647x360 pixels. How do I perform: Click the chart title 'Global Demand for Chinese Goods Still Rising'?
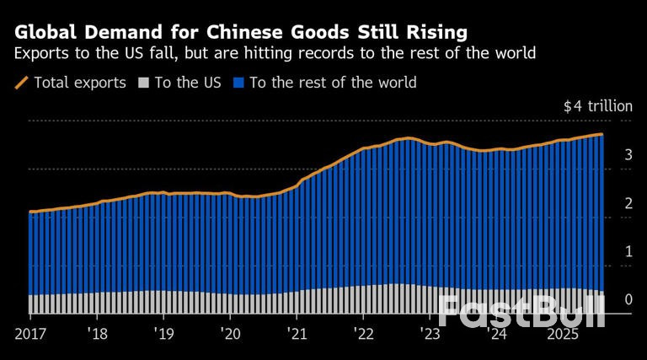pyautogui.click(x=239, y=33)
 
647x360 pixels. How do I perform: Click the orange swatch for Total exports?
pyautogui.click(x=22, y=83)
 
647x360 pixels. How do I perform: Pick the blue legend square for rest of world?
pyautogui.click(x=238, y=83)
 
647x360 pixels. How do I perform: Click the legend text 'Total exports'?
pyautogui.click(x=79, y=83)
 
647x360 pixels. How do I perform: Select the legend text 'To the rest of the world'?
pyautogui.click(x=333, y=83)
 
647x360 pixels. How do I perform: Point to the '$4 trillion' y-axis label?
pyautogui.click(x=597, y=107)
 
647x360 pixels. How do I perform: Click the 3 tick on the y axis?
pyautogui.click(x=628, y=155)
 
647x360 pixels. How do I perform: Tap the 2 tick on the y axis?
pyautogui.click(x=628, y=203)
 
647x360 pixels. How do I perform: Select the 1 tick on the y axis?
pyautogui.click(x=628, y=251)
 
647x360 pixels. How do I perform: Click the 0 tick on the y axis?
pyautogui.click(x=628, y=299)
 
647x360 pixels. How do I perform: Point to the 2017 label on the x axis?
pyautogui.click(x=30, y=334)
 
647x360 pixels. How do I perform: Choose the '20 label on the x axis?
pyautogui.click(x=229, y=334)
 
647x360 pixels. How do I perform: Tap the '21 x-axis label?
pyautogui.click(x=296, y=334)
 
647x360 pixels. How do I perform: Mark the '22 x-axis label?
pyautogui.click(x=363, y=334)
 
